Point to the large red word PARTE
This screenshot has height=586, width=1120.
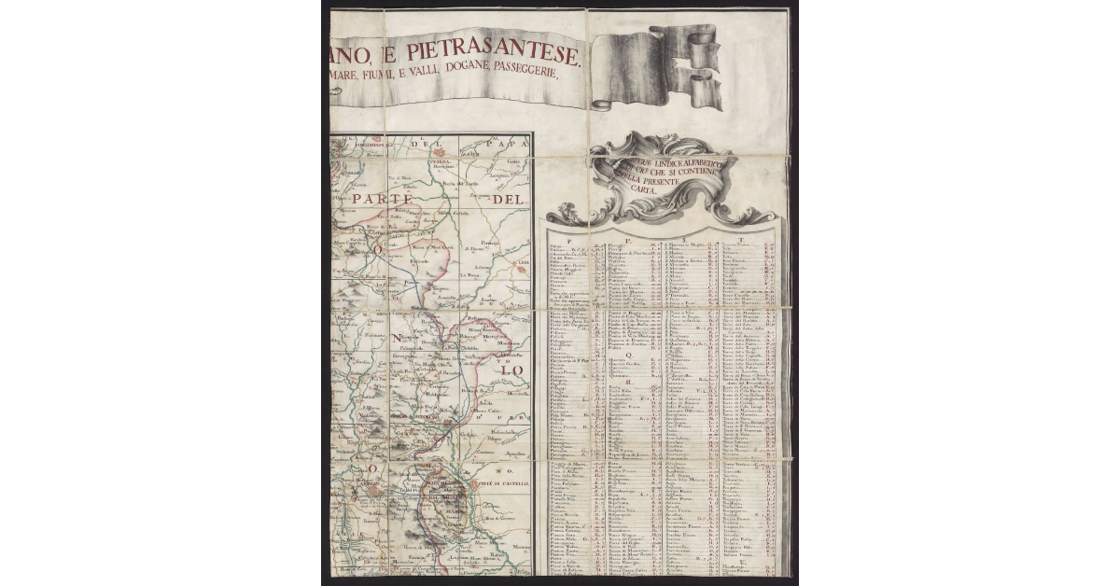(382, 199)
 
